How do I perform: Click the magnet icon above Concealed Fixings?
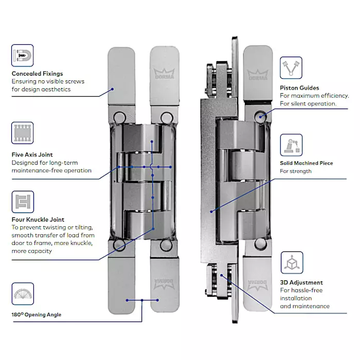[22, 56]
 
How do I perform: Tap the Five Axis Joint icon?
[22, 133]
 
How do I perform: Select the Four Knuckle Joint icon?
[23, 202]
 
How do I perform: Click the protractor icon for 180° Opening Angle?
[23, 294]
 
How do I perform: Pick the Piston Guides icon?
[291, 68]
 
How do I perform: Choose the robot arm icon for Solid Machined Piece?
[291, 145]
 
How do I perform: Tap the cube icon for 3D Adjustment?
[292, 263]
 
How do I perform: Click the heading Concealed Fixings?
[37, 74]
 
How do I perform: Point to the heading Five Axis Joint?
[32, 154]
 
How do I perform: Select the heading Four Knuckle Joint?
[38, 220]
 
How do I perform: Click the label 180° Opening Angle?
[37, 315]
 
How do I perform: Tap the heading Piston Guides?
[299, 88]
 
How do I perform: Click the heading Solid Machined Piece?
[307, 163]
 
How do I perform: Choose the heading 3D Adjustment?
[301, 283]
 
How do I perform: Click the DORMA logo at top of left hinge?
[164, 74]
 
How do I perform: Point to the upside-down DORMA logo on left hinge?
[164, 284]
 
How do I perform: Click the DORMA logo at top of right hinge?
[258, 75]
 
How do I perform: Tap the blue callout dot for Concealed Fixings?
[112, 89]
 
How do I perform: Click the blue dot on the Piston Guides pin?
[260, 117]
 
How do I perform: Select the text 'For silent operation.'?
[308, 104]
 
